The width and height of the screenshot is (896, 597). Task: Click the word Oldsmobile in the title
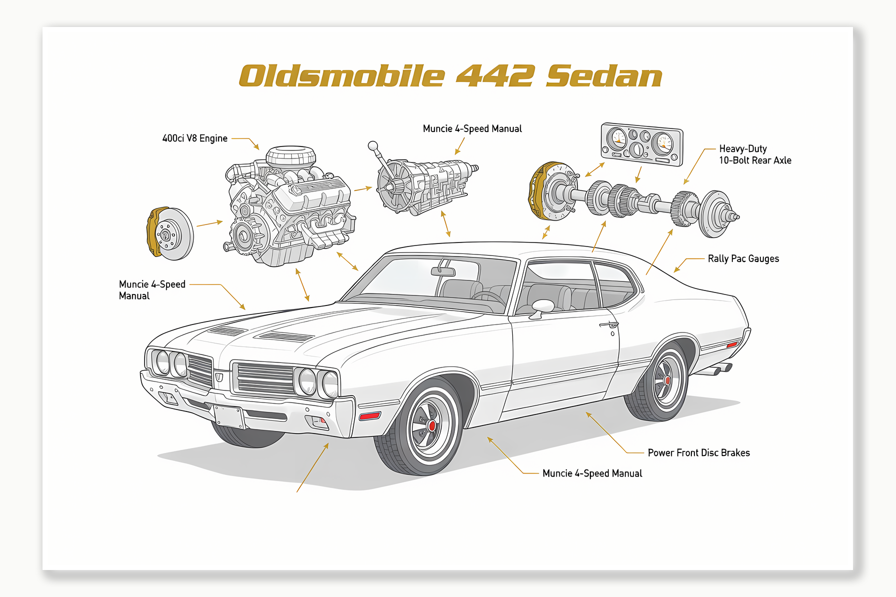coord(342,76)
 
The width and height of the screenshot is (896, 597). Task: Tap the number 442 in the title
coord(495,76)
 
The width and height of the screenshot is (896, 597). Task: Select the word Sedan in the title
coord(604,76)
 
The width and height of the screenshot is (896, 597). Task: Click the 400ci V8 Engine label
coord(195,138)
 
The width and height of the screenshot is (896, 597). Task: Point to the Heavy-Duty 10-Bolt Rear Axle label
coord(755,154)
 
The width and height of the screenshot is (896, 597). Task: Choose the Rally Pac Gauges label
coord(743,259)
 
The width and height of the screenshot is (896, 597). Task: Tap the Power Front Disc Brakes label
coord(698,453)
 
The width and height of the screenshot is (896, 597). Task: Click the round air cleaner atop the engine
coord(291,156)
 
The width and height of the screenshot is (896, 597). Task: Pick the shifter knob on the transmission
coord(373,146)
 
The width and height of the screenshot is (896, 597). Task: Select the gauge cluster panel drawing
coord(642,144)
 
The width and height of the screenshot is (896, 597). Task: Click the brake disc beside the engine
coord(170,233)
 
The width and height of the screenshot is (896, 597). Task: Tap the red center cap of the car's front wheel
coord(432,426)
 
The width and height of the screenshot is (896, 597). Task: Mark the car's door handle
coord(609,325)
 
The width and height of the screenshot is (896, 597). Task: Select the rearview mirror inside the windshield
coord(443,271)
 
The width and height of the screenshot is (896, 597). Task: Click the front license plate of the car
coord(229,416)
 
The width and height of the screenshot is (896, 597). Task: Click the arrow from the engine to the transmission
coord(363,189)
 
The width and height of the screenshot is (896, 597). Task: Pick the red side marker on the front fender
coord(370,415)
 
